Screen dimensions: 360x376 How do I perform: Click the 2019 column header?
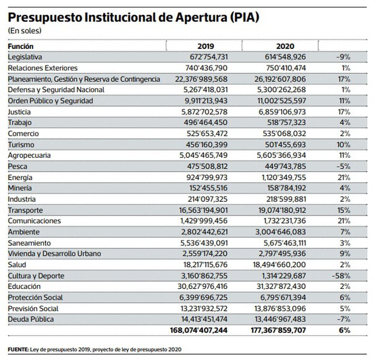[x=206, y=46]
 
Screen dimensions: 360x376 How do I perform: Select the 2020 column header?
[x=285, y=46]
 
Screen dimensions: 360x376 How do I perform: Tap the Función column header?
[x=21, y=46]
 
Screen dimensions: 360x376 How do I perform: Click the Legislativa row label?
[x=25, y=57]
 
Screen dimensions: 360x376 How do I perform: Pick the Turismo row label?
[x=21, y=145]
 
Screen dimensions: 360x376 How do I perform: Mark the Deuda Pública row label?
[x=31, y=319]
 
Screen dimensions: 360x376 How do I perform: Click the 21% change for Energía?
[x=344, y=178]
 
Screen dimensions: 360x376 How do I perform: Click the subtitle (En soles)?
[x=25, y=30]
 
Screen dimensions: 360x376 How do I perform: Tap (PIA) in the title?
[x=244, y=17]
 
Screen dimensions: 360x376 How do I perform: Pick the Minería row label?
[x=20, y=188]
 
